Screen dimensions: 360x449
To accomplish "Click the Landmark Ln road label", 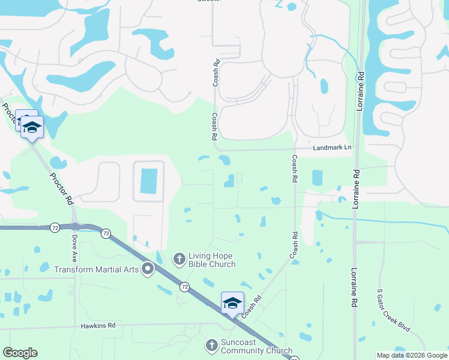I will (330, 148).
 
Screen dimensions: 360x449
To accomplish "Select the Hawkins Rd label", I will (98, 325).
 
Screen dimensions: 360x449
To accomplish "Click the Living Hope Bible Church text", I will (212, 259).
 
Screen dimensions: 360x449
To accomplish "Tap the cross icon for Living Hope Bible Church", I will (179, 259).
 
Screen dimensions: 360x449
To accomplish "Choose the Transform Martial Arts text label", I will (97, 269).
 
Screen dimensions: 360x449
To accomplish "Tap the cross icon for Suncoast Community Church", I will (211, 346).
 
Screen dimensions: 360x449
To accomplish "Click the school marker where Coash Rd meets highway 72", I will (232, 303).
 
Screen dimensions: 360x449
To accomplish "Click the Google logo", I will (20, 353).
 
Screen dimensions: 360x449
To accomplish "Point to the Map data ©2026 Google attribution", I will (412, 355).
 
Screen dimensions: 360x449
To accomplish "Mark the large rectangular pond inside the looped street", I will (148, 181).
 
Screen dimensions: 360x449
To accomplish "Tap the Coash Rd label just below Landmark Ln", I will (295, 169).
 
